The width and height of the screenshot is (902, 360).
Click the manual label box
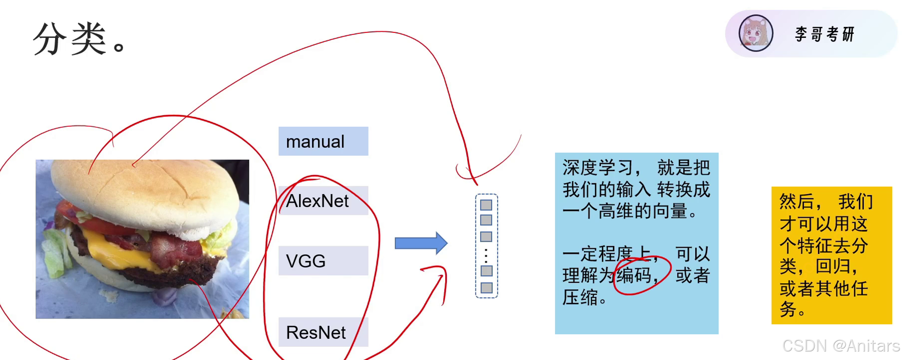(323, 141)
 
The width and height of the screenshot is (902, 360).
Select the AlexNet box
(323, 201)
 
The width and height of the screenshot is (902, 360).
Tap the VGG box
(323, 261)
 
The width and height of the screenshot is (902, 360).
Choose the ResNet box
(323, 332)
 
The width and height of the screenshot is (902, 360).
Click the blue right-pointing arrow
(421, 243)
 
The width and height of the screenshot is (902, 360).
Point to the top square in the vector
(486, 205)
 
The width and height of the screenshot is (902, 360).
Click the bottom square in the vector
(487, 288)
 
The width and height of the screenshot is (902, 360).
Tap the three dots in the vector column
(486, 255)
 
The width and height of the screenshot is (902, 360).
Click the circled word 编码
(634, 276)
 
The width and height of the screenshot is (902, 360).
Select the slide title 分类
(70, 39)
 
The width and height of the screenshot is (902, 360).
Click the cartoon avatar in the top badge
(756, 33)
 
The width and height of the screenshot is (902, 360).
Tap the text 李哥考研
(825, 34)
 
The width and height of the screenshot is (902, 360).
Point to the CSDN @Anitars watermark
(840, 346)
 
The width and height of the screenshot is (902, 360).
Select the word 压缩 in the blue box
(580, 298)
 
